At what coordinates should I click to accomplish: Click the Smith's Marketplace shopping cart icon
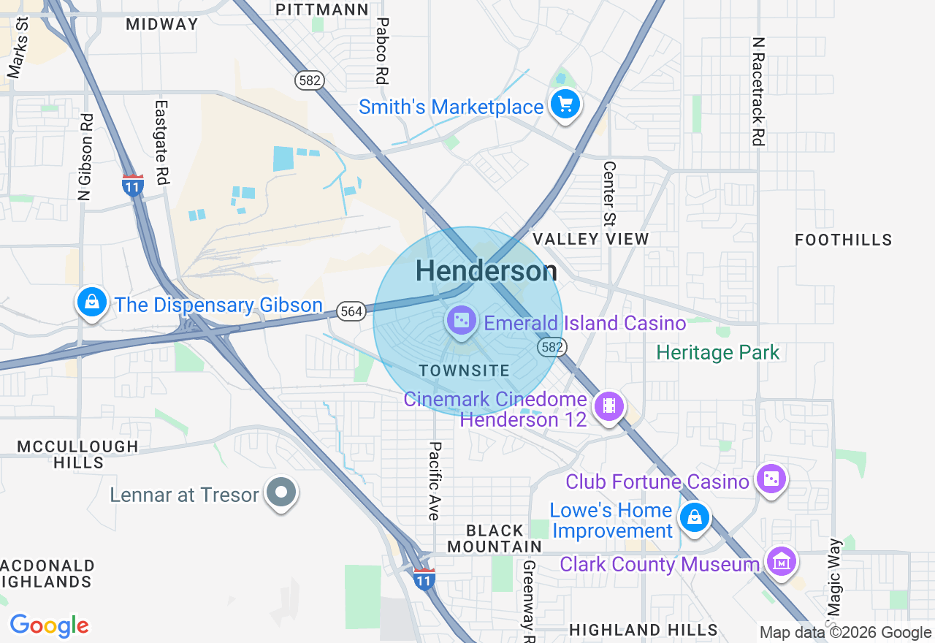point(564,104)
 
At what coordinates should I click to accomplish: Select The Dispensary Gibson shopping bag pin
point(92,303)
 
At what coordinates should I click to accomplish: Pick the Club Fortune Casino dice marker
point(771,479)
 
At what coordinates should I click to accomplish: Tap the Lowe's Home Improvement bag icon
point(693,518)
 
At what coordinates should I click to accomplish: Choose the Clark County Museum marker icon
point(782,562)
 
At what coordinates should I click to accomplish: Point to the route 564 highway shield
point(351,311)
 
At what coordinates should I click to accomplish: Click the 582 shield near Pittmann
point(310,80)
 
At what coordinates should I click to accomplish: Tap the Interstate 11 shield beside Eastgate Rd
point(132,185)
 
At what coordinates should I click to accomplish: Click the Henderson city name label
point(486,271)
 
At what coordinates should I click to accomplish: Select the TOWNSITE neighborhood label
point(465,370)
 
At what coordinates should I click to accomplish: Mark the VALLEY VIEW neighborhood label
point(590,239)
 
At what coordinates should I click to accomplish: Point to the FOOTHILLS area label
point(843,240)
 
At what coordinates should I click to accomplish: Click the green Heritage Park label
point(718,352)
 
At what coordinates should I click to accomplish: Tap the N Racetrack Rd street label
point(759,91)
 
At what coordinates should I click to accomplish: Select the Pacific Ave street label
point(435,481)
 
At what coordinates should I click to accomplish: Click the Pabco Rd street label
point(381,51)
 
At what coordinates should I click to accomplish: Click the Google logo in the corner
point(49,625)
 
